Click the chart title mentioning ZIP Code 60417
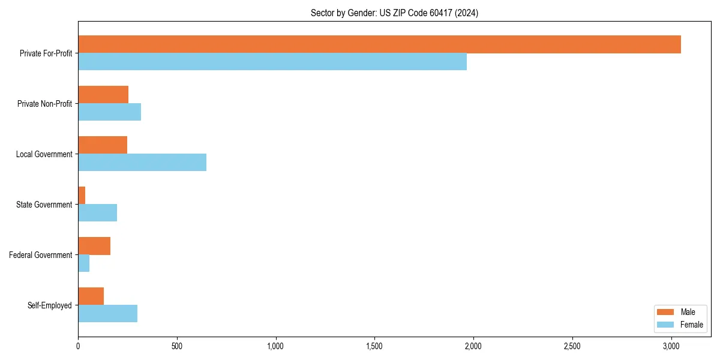pyautogui.click(x=394, y=13)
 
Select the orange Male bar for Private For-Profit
pyautogui.click(x=379, y=44)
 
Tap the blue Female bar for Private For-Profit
pyautogui.click(x=272, y=62)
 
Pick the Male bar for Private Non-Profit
pyautogui.click(x=103, y=95)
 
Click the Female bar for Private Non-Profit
pyautogui.click(x=109, y=112)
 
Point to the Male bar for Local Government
pyautogui.click(x=103, y=145)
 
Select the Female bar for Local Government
pyautogui.click(x=142, y=163)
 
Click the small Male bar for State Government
pyautogui.click(x=82, y=196)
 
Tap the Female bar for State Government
pyautogui.click(x=97, y=213)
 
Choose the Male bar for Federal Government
pyautogui.click(x=94, y=246)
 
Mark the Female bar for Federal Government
pyautogui.click(x=83, y=263)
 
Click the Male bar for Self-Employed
pyautogui.click(x=91, y=296)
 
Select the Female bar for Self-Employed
pyautogui.click(x=107, y=314)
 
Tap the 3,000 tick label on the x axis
pyautogui.click(x=671, y=346)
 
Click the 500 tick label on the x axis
pyautogui.click(x=176, y=346)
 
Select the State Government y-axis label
pyautogui.click(x=44, y=205)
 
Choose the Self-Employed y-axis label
pyautogui.click(x=49, y=305)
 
